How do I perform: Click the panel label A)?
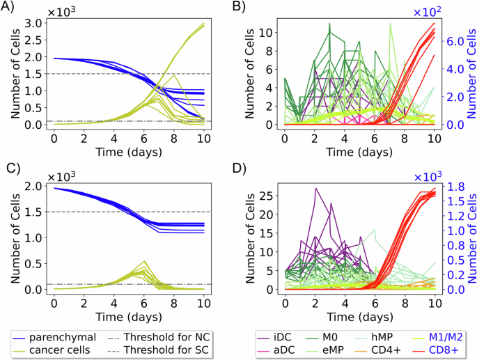click(x=9, y=8)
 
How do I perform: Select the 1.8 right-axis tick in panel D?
click(x=455, y=187)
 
